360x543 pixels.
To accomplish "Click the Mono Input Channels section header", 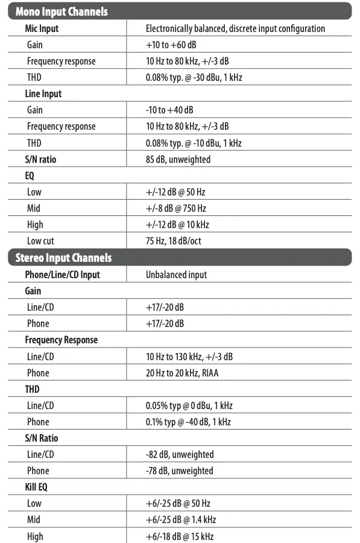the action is pyautogui.click(x=62, y=11).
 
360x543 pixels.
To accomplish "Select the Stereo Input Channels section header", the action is pyautogui.click(x=64, y=258).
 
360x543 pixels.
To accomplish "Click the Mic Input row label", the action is pyautogui.click(x=42, y=28).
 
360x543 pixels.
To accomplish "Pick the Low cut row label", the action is pyautogui.click(x=40, y=241).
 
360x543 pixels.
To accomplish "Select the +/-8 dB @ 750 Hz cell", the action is pyautogui.click(x=176, y=208).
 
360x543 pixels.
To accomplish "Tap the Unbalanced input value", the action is pyautogui.click(x=176, y=275).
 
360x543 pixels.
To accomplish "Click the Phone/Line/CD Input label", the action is pyautogui.click(x=63, y=275).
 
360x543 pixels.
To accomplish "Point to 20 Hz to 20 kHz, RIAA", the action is pyautogui.click(x=182, y=373).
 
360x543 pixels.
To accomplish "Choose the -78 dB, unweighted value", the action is pyautogui.click(x=180, y=471).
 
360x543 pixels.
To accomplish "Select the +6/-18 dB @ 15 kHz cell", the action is pyautogui.click(x=180, y=536).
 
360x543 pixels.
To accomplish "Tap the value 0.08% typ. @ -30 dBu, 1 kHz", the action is pyautogui.click(x=194, y=77).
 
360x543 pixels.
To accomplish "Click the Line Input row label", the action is pyautogui.click(x=43, y=94).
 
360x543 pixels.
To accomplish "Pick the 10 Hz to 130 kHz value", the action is pyautogui.click(x=189, y=357).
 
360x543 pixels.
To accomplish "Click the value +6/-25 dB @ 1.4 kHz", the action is pyautogui.click(x=181, y=519).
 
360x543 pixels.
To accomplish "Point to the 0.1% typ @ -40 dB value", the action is pyautogui.click(x=188, y=422).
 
